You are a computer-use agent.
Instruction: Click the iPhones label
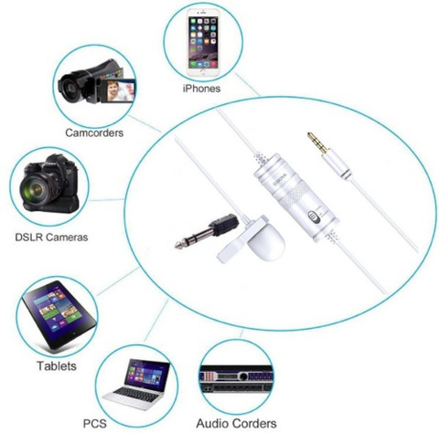[201, 89]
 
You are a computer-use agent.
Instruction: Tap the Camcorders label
[94, 132]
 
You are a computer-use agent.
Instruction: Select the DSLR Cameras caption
[51, 237]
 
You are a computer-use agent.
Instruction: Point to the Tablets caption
[57, 365]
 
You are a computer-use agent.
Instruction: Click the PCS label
[95, 423]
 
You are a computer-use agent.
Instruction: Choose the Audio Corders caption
[236, 423]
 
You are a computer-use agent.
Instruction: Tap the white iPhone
[203, 43]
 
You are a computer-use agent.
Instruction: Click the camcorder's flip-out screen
[121, 90]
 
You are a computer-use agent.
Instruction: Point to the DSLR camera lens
[35, 190]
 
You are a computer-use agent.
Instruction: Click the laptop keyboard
[135, 395]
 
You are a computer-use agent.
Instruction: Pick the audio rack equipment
[236, 381]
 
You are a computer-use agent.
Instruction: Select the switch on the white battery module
[314, 216]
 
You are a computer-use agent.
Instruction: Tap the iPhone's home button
[203, 73]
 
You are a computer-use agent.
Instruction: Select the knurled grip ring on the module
[294, 195]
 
